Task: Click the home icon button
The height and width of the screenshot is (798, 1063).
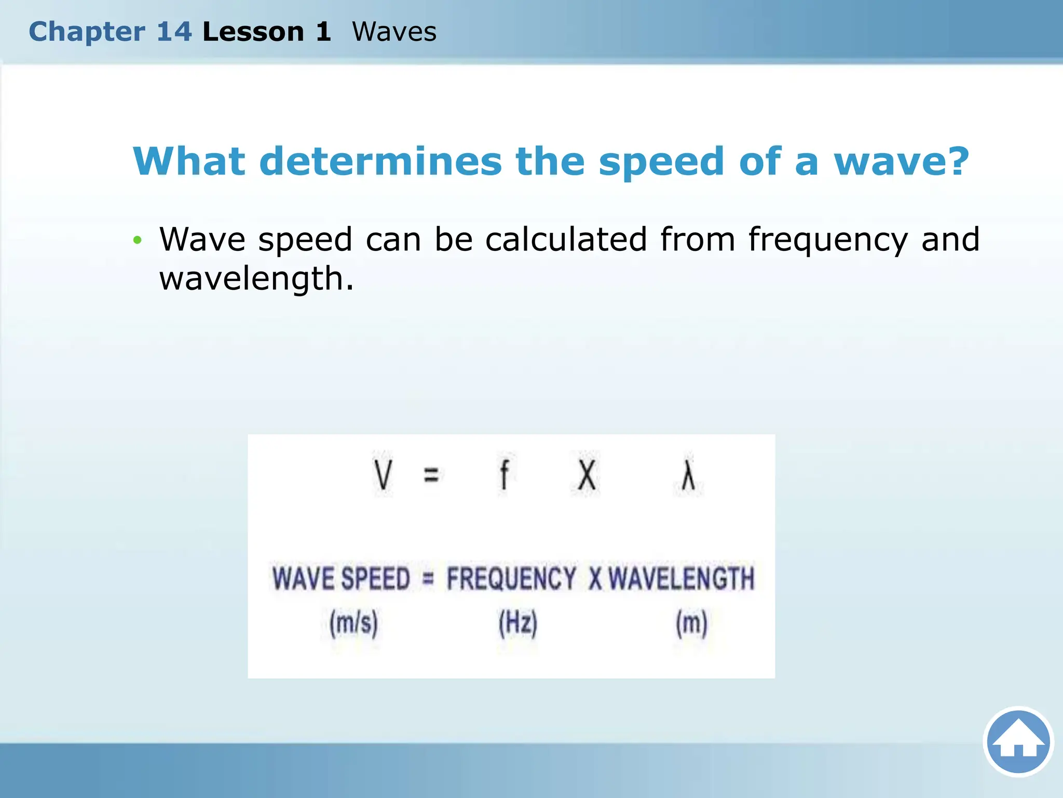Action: [1018, 741]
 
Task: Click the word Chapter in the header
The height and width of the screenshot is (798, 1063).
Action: [87, 32]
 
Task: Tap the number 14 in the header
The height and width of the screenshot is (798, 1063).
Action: [174, 31]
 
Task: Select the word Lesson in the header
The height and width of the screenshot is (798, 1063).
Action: [253, 31]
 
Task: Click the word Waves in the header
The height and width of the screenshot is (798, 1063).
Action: [394, 31]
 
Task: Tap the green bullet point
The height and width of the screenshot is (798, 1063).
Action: [137, 240]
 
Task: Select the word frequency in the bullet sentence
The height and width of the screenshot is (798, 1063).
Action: [828, 240]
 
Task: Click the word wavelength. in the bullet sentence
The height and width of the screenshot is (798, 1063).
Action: [256, 279]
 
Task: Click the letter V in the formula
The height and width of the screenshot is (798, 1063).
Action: [383, 474]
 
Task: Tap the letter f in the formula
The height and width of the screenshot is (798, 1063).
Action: [503, 474]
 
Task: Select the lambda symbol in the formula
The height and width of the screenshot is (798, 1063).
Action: [688, 474]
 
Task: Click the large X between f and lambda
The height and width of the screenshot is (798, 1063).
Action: [587, 474]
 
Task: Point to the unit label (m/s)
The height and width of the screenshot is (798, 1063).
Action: [353, 622]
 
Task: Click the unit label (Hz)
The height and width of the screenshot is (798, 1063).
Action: [517, 622]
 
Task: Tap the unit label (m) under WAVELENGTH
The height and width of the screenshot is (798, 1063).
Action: [691, 622]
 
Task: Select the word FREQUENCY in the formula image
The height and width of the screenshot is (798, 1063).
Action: [511, 578]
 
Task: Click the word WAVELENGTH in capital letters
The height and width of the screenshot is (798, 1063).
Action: [681, 578]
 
